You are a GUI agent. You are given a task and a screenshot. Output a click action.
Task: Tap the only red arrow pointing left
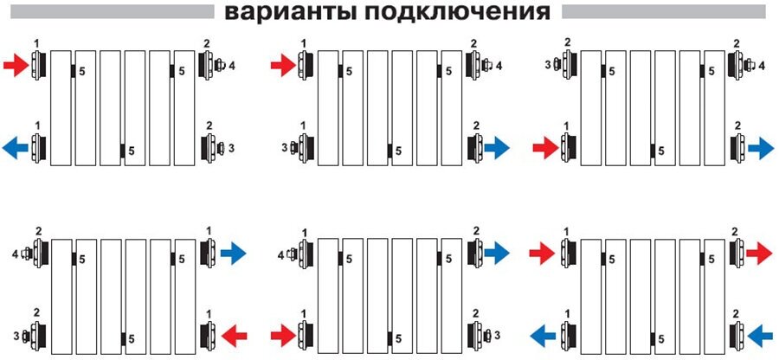[235, 333]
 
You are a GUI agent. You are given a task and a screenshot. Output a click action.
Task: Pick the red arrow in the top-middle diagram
[281, 64]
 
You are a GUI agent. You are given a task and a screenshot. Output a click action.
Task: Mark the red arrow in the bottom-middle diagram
[281, 333]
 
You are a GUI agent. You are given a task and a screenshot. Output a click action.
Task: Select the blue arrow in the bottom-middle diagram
[497, 253]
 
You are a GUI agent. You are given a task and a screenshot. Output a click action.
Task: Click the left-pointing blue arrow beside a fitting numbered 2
[758, 333]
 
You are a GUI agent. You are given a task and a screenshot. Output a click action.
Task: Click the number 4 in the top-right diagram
[762, 65]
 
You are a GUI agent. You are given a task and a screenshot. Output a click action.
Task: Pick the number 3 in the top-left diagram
[231, 149]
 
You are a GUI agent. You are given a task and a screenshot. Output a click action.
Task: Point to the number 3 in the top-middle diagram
[284, 149]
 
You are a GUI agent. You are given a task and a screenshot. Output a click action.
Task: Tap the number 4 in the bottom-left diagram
[15, 254]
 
